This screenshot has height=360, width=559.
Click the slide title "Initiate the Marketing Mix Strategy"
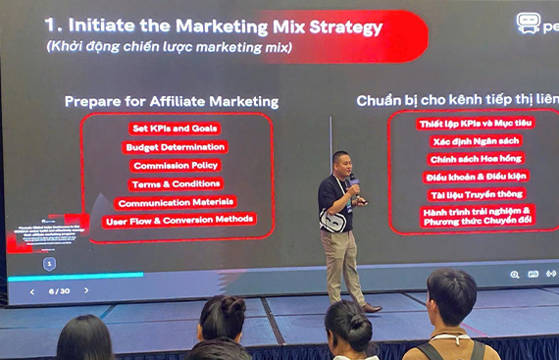(x=213, y=26)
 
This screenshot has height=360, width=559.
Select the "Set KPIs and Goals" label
(x=175, y=129)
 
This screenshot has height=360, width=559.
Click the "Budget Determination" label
(x=176, y=147)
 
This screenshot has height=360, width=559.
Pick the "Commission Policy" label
(x=176, y=166)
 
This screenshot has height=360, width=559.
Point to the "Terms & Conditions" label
(x=176, y=183)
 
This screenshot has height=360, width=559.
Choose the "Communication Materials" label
(x=176, y=202)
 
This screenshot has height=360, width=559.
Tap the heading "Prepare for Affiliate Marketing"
(x=172, y=101)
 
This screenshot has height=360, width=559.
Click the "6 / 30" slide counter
(x=58, y=291)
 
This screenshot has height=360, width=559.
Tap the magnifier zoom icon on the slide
(x=515, y=275)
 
